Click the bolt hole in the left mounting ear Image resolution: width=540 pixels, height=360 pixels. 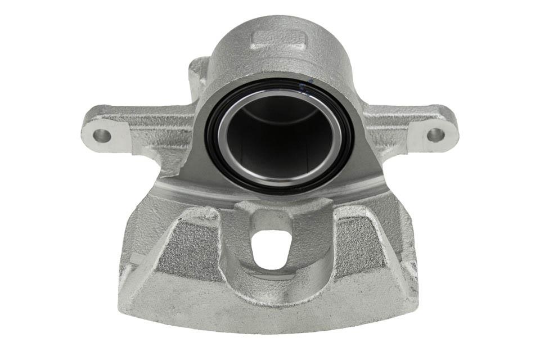[x=101, y=135]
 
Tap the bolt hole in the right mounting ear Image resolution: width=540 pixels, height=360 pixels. [x=435, y=134]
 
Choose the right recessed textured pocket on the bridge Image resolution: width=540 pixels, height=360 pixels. [x=360, y=247]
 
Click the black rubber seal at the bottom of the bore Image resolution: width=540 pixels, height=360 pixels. [x=278, y=188]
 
